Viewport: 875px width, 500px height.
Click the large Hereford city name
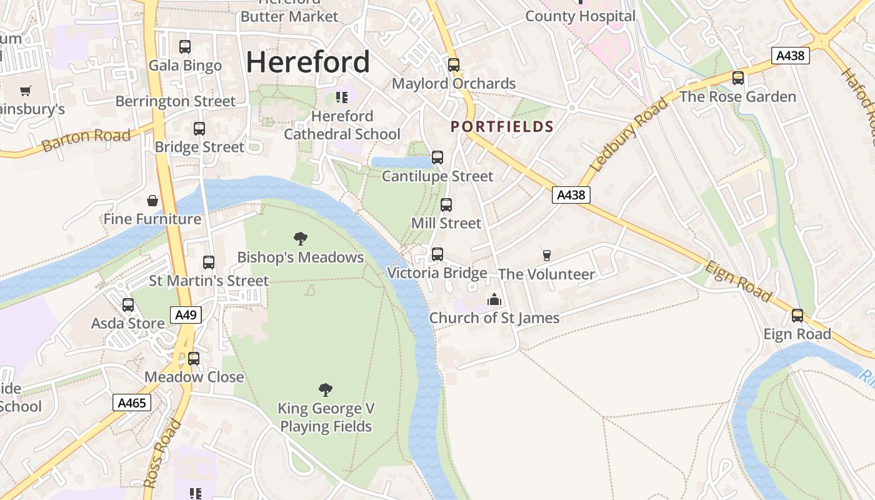(x=307, y=62)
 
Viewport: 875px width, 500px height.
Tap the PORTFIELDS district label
(x=502, y=127)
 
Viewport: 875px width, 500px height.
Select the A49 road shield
(x=186, y=315)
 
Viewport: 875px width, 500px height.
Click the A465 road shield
(x=132, y=402)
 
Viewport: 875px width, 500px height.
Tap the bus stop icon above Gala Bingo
(x=185, y=47)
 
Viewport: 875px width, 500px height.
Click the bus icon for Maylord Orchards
(x=454, y=65)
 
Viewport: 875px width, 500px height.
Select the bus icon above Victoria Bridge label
(x=437, y=254)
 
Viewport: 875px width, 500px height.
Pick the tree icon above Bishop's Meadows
(x=301, y=238)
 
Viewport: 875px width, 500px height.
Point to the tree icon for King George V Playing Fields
(x=326, y=390)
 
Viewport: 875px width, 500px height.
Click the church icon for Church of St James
(x=494, y=300)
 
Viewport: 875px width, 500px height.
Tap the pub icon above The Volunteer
(x=547, y=255)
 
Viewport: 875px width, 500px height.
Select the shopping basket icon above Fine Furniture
(x=152, y=201)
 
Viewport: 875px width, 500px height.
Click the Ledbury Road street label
(x=628, y=136)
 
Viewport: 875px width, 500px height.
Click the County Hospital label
(x=580, y=16)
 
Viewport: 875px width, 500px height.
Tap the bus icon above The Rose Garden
(x=738, y=78)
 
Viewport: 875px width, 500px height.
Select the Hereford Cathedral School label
(x=342, y=125)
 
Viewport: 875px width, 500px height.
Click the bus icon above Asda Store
(x=128, y=305)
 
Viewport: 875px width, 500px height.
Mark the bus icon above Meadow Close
(x=194, y=359)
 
